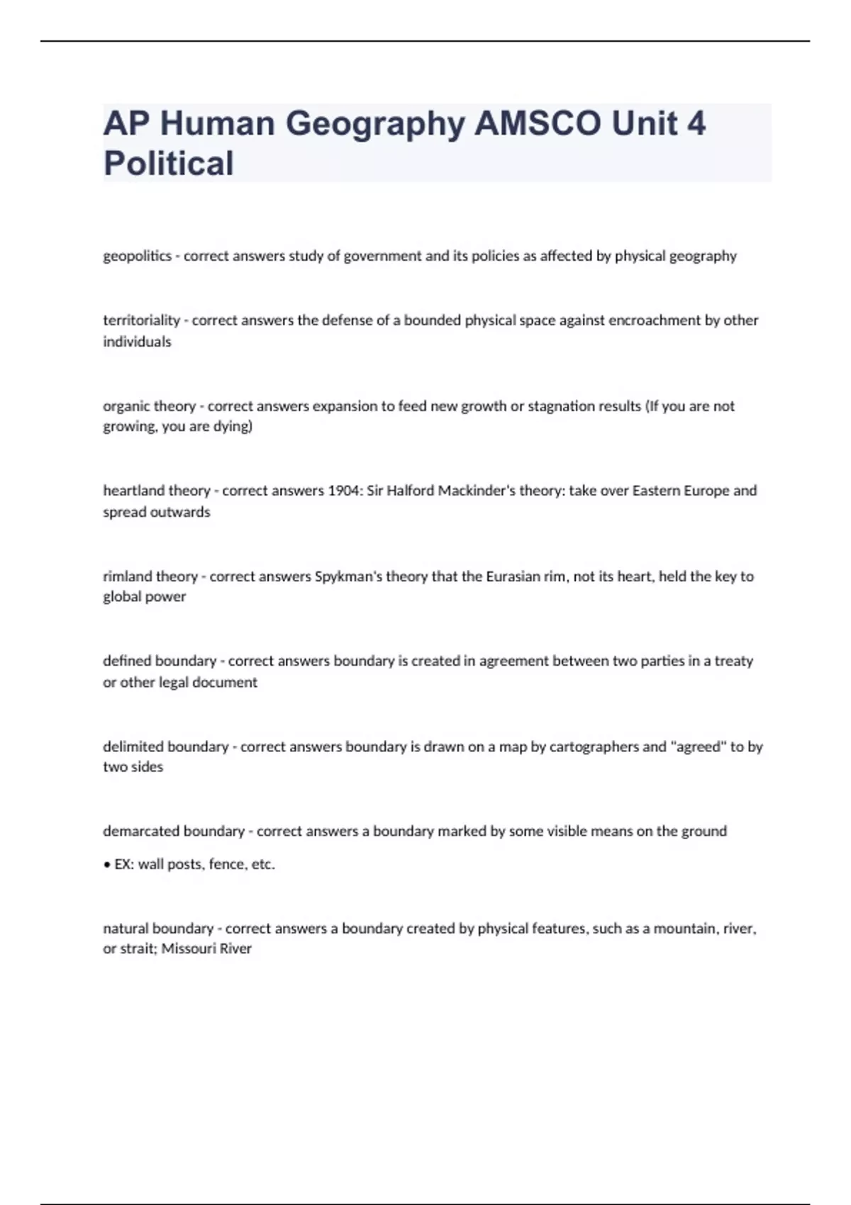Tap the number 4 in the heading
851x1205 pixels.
(x=696, y=123)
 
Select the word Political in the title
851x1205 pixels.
(x=169, y=163)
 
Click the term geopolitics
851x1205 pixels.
(x=137, y=256)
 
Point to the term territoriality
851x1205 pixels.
(x=141, y=320)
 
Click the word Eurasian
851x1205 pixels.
(x=513, y=576)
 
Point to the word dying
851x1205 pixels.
(x=233, y=427)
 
